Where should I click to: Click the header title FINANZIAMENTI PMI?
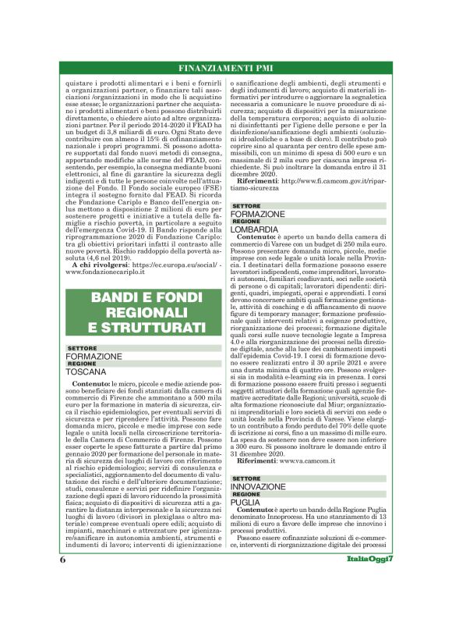225,66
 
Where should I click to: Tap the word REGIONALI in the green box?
147,311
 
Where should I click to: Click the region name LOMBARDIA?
255,230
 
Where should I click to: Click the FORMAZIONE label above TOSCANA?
94,356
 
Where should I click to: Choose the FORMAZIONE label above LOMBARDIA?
258,214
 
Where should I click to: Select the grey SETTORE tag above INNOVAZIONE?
247,478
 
